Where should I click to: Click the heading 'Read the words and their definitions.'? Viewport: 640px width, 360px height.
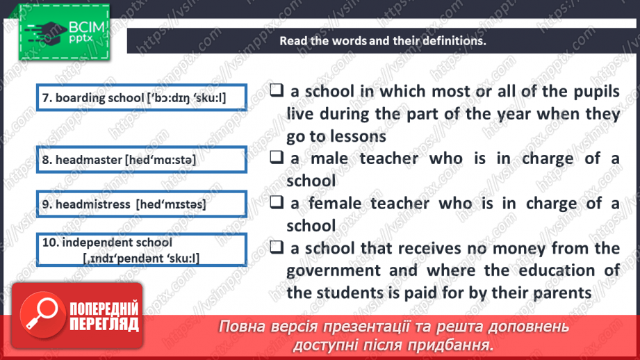click(x=382, y=40)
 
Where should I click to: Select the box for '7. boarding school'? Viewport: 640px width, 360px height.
click(x=142, y=98)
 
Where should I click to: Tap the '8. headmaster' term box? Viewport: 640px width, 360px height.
click(x=142, y=160)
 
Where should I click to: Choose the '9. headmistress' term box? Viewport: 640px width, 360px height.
click(x=142, y=204)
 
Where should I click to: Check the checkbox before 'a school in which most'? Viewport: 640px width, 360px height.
click(x=277, y=90)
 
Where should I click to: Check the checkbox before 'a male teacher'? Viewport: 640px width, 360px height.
click(x=277, y=158)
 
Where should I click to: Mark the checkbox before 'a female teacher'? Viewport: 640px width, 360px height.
click(x=277, y=203)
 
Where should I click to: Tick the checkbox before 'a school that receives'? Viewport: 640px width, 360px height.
click(x=277, y=248)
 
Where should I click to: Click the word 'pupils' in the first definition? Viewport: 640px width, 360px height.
click(x=594, y=91)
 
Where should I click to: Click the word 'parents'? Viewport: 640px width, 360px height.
click(x=557, y=293)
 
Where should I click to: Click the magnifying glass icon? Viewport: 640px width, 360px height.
click(x=40, y=314)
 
